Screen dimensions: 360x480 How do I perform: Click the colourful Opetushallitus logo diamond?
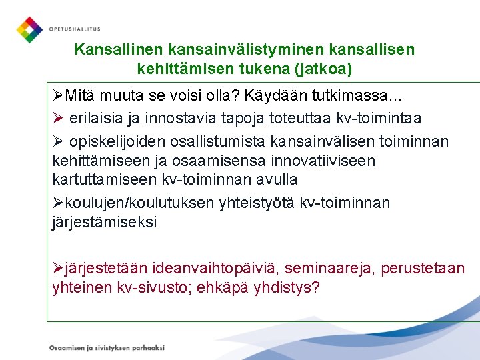click(29, 29)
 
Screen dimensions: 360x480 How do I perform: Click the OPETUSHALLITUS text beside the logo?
click(74, 29)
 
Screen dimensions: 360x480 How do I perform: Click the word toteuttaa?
click(299, 118)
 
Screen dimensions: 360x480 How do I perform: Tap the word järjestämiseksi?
click(104, 222)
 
